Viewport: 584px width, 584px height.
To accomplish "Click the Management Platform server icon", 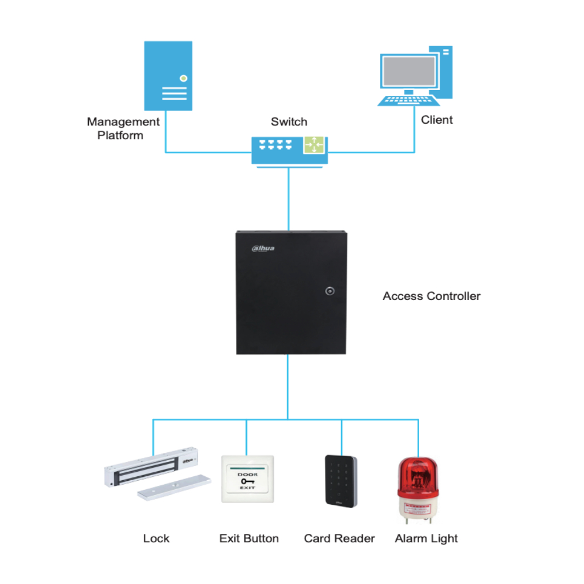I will pos(168,75).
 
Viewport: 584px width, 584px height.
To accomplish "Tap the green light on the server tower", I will pos(183,78).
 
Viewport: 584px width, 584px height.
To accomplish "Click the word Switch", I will pos(289,121).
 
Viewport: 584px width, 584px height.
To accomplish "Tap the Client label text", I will pos(437,120).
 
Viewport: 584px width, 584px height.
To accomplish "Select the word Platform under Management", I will pos(120,136).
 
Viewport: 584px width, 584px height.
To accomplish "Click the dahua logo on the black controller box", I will pos(263,248).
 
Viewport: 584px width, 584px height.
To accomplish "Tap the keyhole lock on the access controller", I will pos(329,291).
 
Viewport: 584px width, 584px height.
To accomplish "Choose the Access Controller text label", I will pos(431,296).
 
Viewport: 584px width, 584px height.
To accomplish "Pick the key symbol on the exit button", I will pos(248,481).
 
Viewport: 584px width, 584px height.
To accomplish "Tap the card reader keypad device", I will pos(342,480).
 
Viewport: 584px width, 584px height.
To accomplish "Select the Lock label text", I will pos(156,538).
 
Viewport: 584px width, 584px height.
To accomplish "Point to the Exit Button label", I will pos(249,538).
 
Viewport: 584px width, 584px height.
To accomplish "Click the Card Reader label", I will pos(339,538).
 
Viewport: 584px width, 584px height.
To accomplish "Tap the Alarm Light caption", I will pos(426,538).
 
